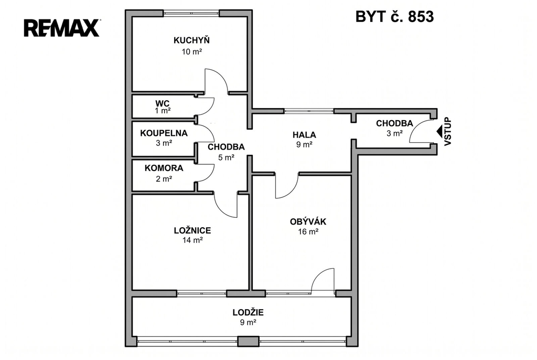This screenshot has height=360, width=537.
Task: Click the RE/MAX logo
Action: click(x=62, y=28)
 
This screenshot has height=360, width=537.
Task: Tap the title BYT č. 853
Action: click(x=394, y=16)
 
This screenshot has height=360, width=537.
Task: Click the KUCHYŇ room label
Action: click(x=191, y=40)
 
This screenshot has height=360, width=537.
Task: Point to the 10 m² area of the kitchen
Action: click(x=191, y=52)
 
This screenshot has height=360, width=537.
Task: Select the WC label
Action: click(x=163, y=103)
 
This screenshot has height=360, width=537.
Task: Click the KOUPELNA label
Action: click(x=164, y=133)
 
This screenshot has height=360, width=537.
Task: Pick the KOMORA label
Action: click(x=164, y=168)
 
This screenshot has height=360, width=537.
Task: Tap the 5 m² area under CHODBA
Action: click(x=226, y=157)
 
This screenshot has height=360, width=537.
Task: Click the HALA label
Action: click(x=304, y=135)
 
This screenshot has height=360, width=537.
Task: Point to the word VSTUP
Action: click(x=448, y=132)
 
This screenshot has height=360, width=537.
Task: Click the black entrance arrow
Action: click(x=439, y=132)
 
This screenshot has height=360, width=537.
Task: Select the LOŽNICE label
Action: click(x=192, y=230)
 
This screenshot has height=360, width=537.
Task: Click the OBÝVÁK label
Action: click(x=308, y=221)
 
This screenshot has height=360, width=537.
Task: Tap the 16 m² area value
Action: click(x=308, y=232)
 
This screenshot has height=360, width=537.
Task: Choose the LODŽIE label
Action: click(x=248, y=312)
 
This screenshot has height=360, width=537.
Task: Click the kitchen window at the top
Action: click(x=191, y=13)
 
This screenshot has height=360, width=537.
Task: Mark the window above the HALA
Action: click(x=309, y=111)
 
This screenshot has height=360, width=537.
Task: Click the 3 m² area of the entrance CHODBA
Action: click(x=394, y=133)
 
